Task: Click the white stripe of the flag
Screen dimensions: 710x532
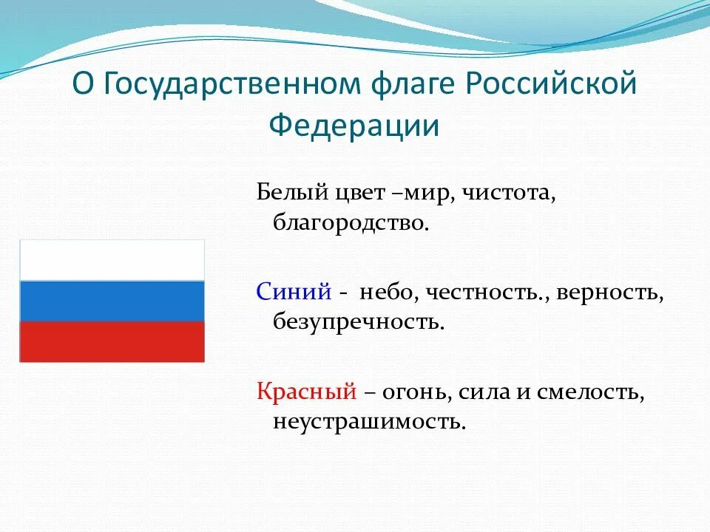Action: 112,260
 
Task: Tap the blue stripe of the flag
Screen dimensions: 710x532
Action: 112,301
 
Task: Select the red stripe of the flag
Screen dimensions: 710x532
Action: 112,342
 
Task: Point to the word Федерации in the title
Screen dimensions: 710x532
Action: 354,126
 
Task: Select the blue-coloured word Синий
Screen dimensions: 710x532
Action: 294,291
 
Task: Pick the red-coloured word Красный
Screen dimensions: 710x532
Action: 306,392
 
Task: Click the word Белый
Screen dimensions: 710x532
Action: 292,192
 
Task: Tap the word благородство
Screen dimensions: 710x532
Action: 351,222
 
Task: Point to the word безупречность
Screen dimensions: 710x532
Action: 359,321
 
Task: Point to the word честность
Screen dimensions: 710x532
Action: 484,293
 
